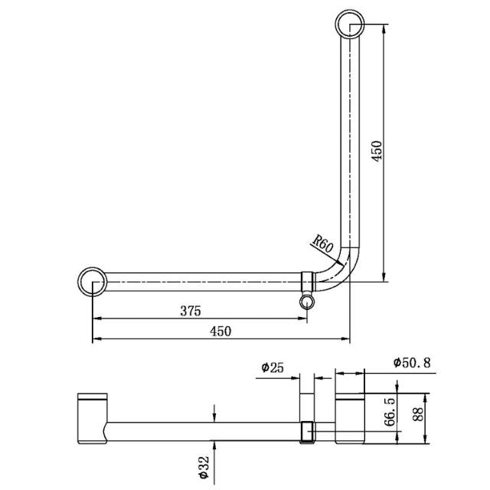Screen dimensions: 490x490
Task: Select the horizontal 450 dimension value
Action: point(220,331)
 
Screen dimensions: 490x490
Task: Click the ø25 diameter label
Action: point(273,368)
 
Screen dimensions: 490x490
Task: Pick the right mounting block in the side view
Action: point(350,418)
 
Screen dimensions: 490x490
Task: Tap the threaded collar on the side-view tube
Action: point(308,433)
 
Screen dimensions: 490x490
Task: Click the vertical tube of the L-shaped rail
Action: point(350,138)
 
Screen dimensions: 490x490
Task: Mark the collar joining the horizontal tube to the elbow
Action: point(308,280)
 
